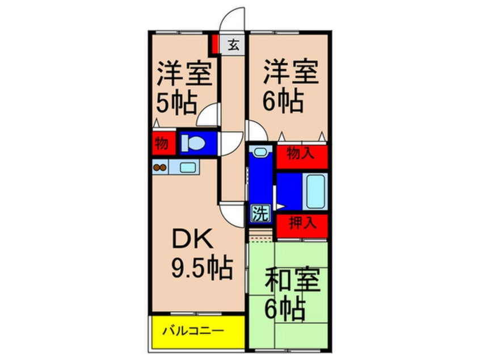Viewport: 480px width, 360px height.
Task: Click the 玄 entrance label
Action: click(233, 45)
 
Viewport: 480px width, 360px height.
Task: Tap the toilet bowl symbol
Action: click(193, 144)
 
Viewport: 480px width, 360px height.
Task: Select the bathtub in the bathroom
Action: click(315, 191)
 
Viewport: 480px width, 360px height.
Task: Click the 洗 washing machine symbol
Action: click(261, 213)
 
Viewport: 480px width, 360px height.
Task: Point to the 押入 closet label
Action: click(302, 223)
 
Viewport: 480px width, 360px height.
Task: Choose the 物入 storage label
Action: click(300, 153)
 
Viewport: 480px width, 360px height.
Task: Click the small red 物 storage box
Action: click(164, 143)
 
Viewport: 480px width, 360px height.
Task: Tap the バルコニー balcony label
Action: click(193, 331)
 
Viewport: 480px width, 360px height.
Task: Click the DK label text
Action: click(192, 239)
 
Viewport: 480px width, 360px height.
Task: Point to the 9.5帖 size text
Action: click(202, 269)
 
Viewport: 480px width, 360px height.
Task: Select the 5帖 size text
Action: click(176, 103)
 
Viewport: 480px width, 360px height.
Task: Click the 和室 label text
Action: click(292, 281)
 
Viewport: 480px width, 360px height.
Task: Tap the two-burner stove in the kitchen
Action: click(160, 168)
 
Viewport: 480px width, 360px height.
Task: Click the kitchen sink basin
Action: click(188, 168)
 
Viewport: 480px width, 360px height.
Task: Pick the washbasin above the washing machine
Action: click(260, 152)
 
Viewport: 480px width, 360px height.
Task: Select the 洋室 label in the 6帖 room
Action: click(291, 73)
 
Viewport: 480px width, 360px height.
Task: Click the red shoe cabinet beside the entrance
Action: click(215, 44)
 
